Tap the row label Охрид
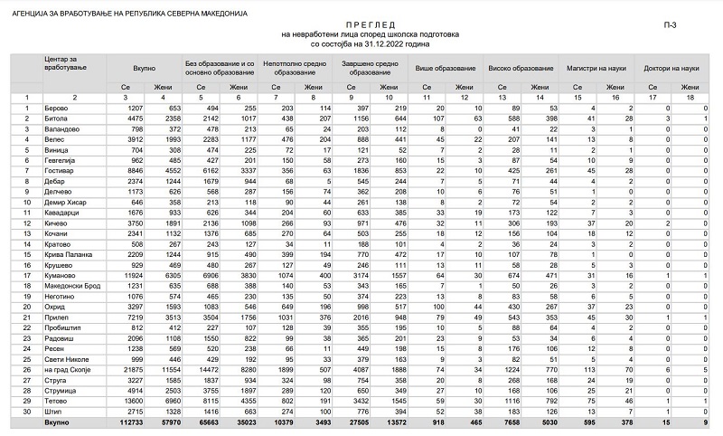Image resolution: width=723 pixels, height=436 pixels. [55, 307]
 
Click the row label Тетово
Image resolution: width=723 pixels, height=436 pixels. [56, 400]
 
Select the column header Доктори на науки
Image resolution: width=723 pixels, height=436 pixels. [671, 69]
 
